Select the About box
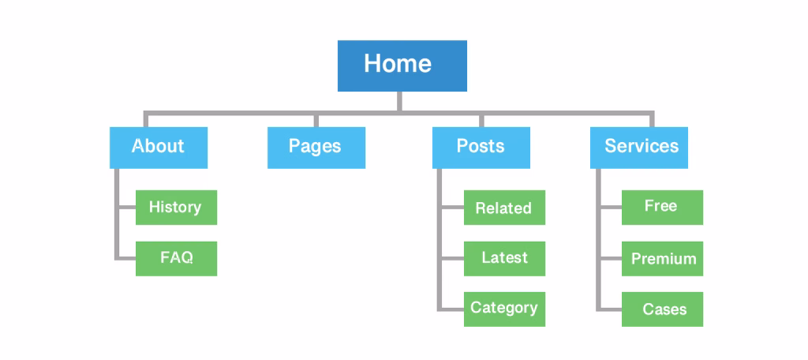[159, 147]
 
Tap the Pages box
[316, 147]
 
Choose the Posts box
[481, 147]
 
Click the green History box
[176, 207]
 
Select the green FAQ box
[176, 258]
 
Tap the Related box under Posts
[504, 208]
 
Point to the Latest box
[504, 258]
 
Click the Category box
[504, 309]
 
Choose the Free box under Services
[662, 207]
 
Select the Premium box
[662, 258]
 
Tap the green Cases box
[662, 309]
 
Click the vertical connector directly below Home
[399, 101]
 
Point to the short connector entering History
[126, 208]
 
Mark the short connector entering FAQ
[126, 258]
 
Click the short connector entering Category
[452, 309]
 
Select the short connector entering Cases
[610, 309]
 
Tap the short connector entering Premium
[610, 258]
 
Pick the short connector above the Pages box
[316, 120]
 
